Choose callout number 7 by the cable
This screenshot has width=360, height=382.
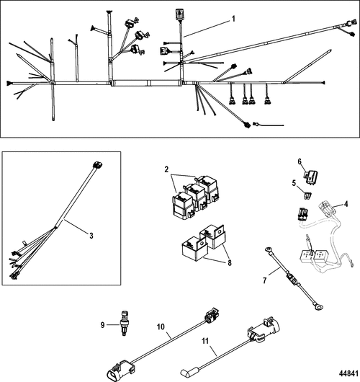tap(265, 277)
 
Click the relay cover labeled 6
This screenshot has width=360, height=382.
tap(314, 175)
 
